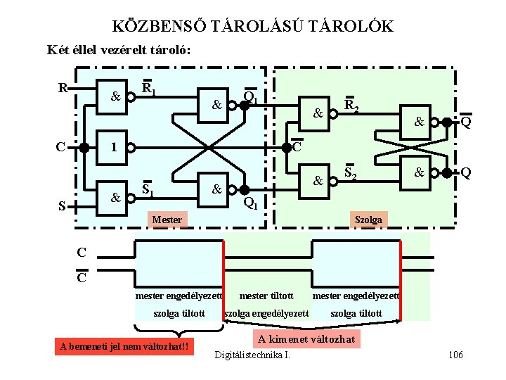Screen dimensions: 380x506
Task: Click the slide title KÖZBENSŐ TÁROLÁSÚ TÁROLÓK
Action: tap(253, 27)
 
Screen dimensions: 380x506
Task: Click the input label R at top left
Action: tap(63, 89)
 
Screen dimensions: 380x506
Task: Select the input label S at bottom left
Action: tap(63, 206)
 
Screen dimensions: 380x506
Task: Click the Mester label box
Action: tap(167, 220)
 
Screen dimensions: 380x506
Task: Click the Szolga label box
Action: tap(368, 220)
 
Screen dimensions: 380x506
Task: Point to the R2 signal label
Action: tap(352, 107)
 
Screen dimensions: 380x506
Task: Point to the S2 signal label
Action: tap(352, 172)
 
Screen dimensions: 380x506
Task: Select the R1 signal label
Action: tap(149, 89)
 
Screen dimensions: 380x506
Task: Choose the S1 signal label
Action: tap(148, 189)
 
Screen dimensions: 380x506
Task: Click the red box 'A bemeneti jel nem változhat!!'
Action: tap(124, 346)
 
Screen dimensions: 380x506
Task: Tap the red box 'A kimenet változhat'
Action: tap(306, 340)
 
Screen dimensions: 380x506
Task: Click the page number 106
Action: tap(455, 355)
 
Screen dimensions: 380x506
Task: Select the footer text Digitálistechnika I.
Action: tap(252, 354)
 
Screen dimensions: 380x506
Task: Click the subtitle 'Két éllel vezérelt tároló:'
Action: tap(119, 50)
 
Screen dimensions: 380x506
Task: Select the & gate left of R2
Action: tap(318, 112)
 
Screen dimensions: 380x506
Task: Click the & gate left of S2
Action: tap(318, 181)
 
